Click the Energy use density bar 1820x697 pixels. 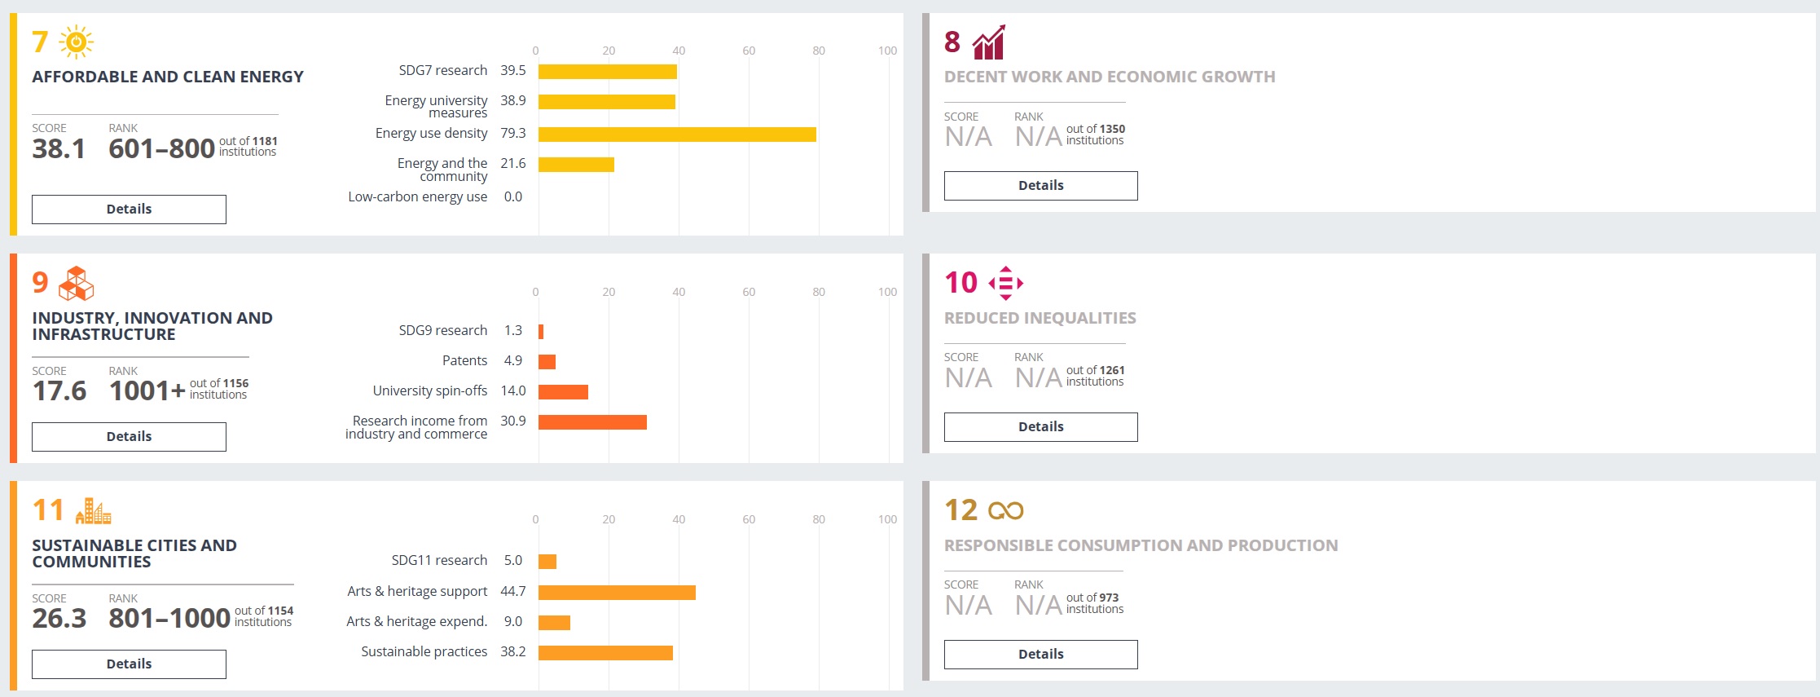coord(677,135)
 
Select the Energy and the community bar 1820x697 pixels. coord(576,165)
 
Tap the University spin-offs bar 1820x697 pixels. coord(563,392)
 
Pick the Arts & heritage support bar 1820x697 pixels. coord(617,593)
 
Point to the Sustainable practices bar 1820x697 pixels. coord(605,653)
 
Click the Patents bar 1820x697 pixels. coord(547,362)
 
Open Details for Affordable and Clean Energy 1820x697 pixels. coord(129,210)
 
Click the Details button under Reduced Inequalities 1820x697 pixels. coord(1040,427)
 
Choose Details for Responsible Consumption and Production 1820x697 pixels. coord(1040,655)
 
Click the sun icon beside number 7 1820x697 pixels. coord(76,42)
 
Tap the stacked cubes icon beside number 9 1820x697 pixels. coord(77,283)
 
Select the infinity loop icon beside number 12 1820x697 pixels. coord(1006,511)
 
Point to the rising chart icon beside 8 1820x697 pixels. coord(988,42)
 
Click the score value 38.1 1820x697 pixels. coord(59,148)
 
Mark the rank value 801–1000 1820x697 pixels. coord(169,619)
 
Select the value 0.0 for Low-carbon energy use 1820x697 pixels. coord(512,196)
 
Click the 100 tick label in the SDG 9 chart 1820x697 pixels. coord(887,292)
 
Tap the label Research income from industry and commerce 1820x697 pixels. coord(417,427)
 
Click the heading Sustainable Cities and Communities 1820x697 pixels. coord(134,554)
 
